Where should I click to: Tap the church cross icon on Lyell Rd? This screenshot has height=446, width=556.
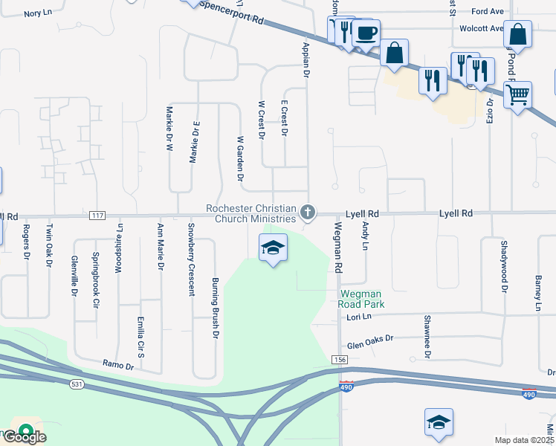[x=307, y=214]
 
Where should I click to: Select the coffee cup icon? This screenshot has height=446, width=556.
[x=366, y=33]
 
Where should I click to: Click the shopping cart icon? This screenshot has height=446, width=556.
[x=517, y=94]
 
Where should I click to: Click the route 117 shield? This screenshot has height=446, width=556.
[x=97, y=216]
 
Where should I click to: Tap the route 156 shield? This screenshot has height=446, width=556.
[x=340, y=360]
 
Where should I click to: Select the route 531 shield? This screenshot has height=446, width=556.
[x=77, y=384]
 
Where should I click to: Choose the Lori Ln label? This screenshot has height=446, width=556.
[x=359, y=317]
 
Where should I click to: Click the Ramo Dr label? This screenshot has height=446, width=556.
[x=119, y=365]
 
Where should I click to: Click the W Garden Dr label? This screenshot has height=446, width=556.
[x=240, y=158]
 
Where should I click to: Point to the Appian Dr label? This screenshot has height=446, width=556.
[x=305, y=60]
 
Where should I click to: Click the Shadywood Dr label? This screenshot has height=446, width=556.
[x=504, y=268]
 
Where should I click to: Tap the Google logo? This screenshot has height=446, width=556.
[x=24, y=436]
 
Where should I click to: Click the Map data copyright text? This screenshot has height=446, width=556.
[x=526, y=440]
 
